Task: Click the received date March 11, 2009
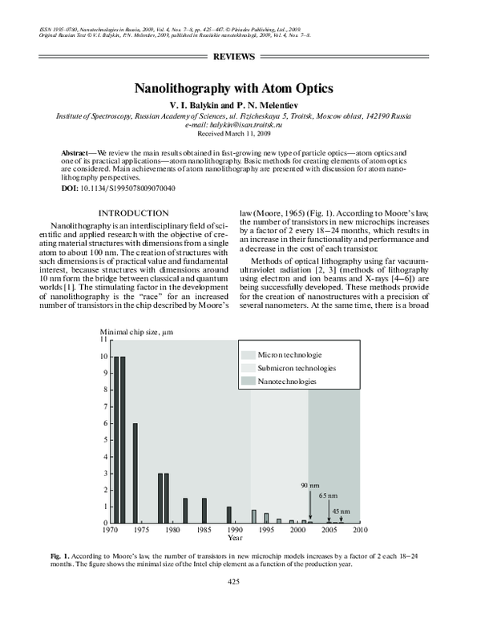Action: pos(252,135)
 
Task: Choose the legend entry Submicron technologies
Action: pos(296,368)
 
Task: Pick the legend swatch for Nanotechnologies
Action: pos(248,382)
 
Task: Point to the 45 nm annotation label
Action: pos(342,511)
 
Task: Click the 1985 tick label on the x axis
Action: pos(203,530)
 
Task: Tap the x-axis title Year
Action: pos(234,538)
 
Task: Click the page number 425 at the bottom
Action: pos(235,581)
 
